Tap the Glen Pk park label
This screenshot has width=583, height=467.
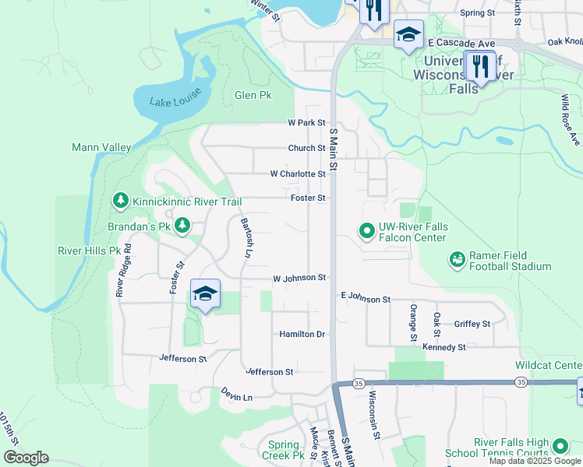coord(253,95)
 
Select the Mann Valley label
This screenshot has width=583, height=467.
coord(101,147)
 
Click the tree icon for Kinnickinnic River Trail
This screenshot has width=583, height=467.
coord(120,202)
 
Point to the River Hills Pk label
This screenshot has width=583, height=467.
coord(89,251)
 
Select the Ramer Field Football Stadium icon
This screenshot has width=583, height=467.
coord(458,258)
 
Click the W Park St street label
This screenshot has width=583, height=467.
coord(306,123)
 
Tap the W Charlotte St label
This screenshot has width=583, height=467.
coord(298,174)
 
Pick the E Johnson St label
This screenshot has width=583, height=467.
coord(366,299)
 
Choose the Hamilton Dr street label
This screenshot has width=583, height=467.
coord(302,334)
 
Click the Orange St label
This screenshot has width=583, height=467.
coord(412,322)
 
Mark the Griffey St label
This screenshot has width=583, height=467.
coord(472,324)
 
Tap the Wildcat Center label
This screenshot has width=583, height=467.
coord(549,365)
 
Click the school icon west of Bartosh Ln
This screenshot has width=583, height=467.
coord(205,294)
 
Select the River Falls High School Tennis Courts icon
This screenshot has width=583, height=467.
coord(560,446)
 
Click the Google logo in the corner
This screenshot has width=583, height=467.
coord(26,458)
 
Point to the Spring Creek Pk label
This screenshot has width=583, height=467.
coord(283,450)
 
